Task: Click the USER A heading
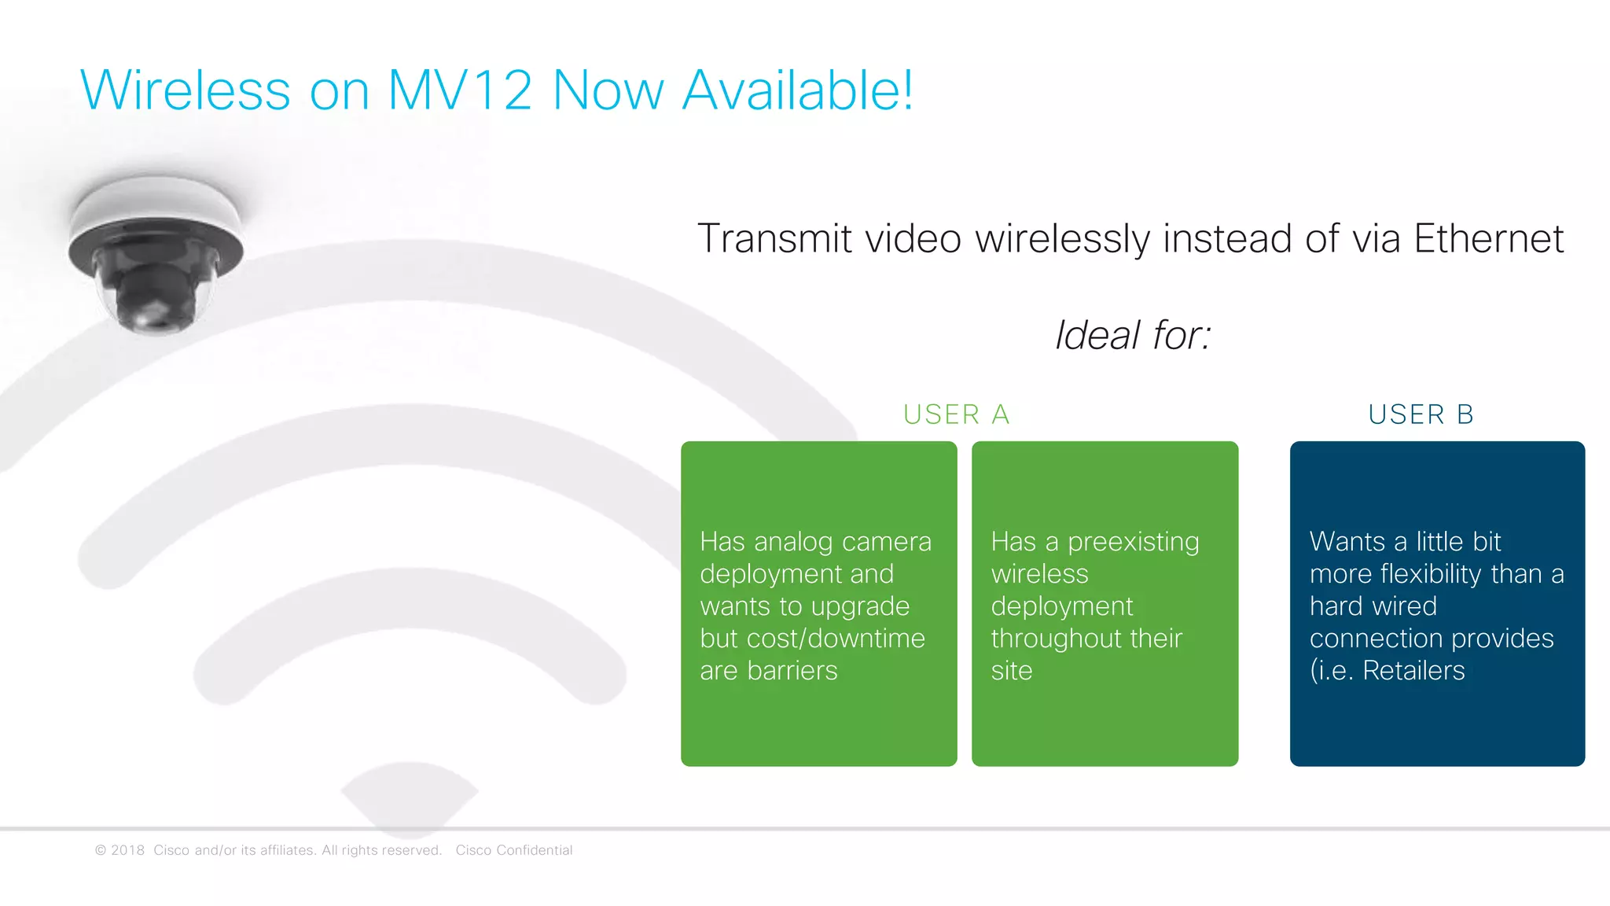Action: coord(956,414)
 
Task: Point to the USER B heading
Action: coord(1421,414)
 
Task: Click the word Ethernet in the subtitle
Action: coord(1488,238)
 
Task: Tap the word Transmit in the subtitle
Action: coord(774,238)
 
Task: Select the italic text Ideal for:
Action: coord(1133,335)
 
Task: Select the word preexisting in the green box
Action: coord(1133,542)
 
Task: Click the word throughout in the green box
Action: coord(1057,639)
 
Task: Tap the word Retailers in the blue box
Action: coord(1413,671)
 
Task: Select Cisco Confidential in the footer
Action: coord(514,850)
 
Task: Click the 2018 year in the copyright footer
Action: coord(127,850)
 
